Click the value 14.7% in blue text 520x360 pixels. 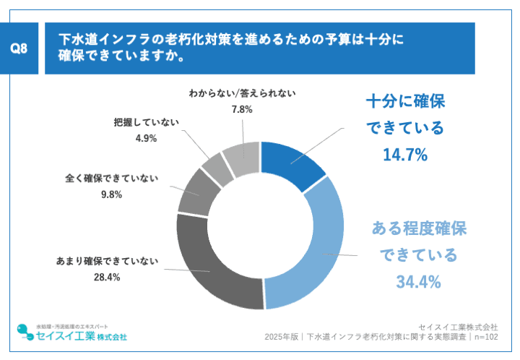[405, 155]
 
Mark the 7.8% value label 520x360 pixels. [241, 109]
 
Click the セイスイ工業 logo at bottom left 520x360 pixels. [72, 333]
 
